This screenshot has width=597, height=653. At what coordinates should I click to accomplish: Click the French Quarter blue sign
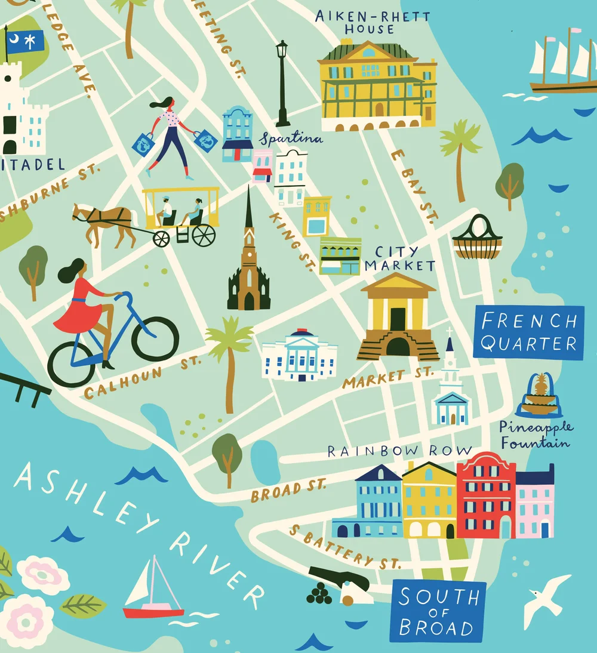click(x=528, y=332)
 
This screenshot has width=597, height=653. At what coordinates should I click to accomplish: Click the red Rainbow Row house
click(x=486, y=495)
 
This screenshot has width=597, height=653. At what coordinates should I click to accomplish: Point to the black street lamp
click(x=282, y=84)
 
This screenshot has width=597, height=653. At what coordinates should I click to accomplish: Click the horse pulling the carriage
click(x=105, y=223)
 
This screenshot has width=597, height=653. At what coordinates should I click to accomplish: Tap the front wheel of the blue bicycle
click(x=155, y=338)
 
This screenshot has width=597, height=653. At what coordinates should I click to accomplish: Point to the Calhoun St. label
click(x=142, y=375)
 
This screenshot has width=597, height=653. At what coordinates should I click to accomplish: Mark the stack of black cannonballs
click(x=319, y=594)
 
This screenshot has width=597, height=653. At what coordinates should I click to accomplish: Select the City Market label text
click(x=399, y=258)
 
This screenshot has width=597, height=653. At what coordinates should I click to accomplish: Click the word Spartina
click(x=291, y=139)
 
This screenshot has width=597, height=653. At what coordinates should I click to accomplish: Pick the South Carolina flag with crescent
click(x=25, y=42)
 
